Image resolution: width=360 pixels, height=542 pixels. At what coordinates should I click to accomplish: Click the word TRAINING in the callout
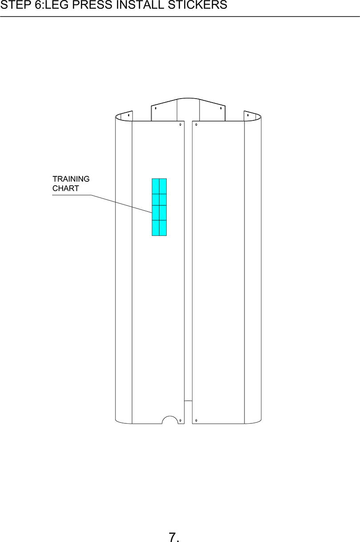pyautogui.click(x=71, y=179)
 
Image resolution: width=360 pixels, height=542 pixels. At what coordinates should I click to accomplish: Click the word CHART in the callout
pyautogui.click(x=66, y=188)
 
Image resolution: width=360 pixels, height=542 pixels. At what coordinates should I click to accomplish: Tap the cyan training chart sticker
pyautogui.click(x=159, y=207)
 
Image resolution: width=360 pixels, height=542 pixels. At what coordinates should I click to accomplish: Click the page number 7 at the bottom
pyautogui.click(x=173, y=537)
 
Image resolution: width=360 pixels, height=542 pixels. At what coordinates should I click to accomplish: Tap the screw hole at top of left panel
pyautogui.click(x=180, y=125)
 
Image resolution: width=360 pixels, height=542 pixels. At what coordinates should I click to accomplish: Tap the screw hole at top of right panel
pyautogui.click(x=196, y=125)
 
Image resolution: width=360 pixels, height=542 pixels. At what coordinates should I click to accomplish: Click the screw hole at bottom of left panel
pyautogui.click(x=180, y=420)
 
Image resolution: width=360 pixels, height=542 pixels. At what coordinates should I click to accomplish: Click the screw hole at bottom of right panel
pyautogui.click(x=196, y=420)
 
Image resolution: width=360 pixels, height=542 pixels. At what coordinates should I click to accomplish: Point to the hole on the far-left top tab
pyautogui.click(x=129, y=115)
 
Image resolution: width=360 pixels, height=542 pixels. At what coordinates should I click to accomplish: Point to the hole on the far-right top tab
pyautogui.click(x=248, y=115)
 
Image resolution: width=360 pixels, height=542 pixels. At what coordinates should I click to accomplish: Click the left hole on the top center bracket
pyautogui.click(x=156, y=108)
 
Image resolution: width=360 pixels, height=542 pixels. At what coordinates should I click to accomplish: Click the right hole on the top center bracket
pyautogui.click(x=221, y=108)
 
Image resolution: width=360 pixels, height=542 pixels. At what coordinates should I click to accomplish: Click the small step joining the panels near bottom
pyautogui.click(x=188, y=401)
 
